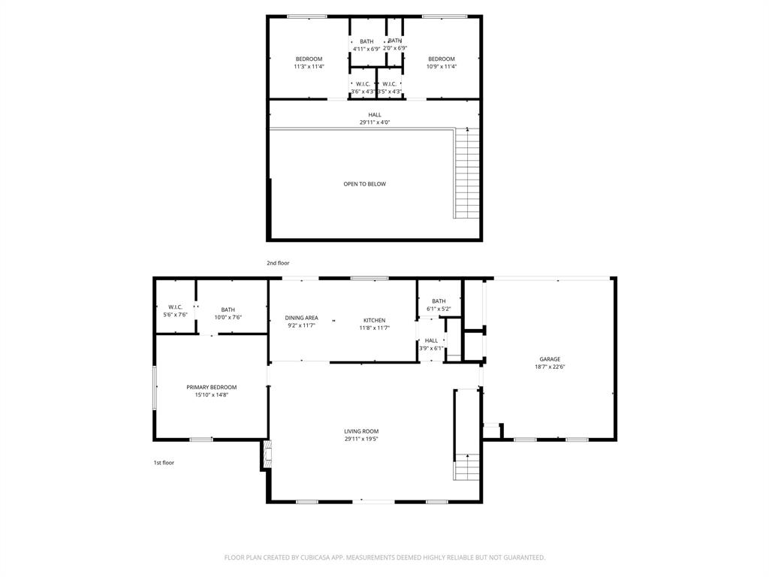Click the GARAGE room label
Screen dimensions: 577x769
pos(550,359)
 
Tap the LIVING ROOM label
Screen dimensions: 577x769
pos(361,431)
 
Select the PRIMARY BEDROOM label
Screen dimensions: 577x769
pos(211,387)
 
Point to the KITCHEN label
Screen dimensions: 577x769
pos(375,319)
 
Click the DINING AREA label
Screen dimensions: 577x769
pos(301,318)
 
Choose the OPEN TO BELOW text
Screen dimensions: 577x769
pos(365,184)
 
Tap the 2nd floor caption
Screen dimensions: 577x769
pos(278,263)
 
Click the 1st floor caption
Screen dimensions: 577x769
pos(164,463)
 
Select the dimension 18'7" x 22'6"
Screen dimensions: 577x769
pos(550,367)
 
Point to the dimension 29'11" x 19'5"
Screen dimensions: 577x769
pos(361,440)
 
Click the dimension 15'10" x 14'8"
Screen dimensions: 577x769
pos(211,395)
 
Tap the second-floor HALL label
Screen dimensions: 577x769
pos(375,115)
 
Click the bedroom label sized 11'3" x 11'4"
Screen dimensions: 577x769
pos(309,59)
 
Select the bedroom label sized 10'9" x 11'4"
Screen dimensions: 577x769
pos(442,59)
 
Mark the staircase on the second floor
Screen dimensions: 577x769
pos(466,174)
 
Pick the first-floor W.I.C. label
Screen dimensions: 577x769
pos(176,307)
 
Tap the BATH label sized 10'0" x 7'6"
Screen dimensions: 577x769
pos(228,310)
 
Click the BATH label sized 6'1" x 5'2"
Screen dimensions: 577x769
pos(439,301)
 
